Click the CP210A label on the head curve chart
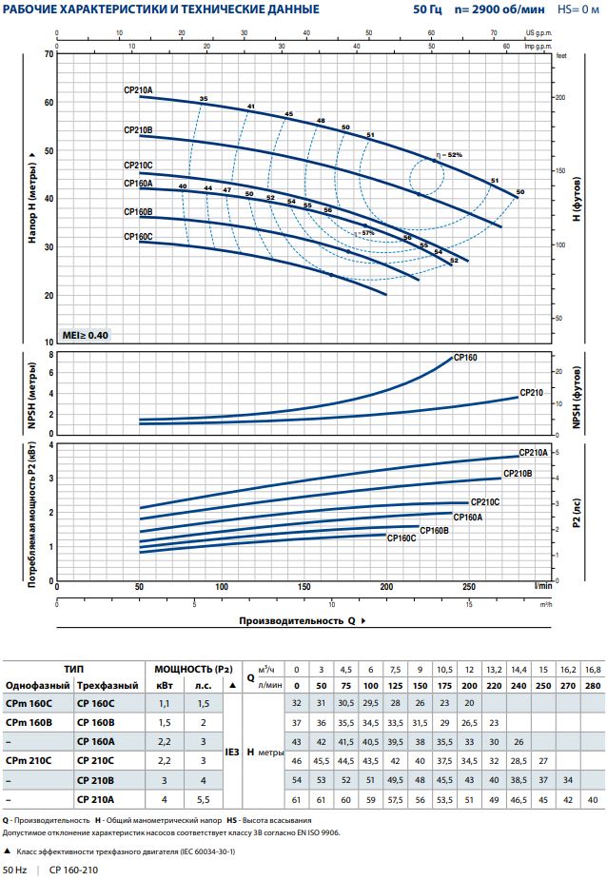click(x=138, y=90)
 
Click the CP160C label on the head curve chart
click(x=138, y=236)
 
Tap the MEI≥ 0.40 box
click(x=86, y=336)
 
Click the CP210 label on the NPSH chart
click(x=531, y=392)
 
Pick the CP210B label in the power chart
click(x=517, y=473)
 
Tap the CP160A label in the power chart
click(x=468, y=517)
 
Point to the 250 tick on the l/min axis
click(x=468, y=587)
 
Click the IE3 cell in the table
click(x=231, y=751)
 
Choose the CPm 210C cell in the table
click(x=29, y=760)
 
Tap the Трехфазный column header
click(x=103, y=686)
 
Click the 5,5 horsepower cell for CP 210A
click(x=203, y=799)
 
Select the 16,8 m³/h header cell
click(x=593, y=669)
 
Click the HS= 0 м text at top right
click(x=578, y=10)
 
